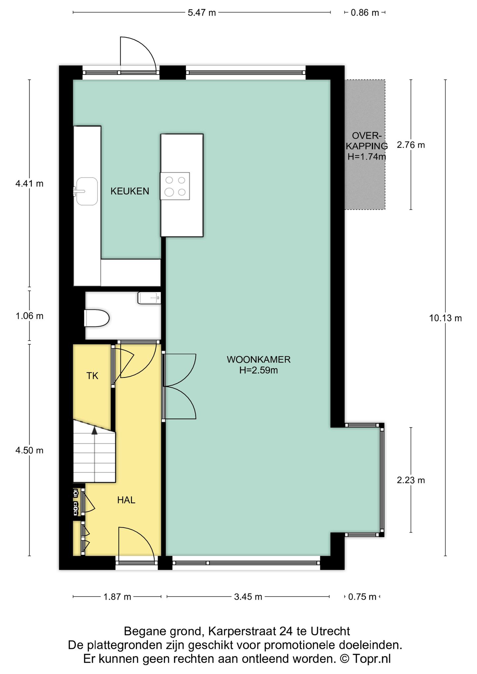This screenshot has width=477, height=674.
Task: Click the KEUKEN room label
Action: (x=130, y=191)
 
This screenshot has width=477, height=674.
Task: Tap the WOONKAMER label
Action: (x=259, y=359)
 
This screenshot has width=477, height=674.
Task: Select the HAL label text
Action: (x=126, y=500)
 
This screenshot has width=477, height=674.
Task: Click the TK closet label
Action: (x=92, y=376)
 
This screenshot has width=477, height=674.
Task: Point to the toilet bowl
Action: (x=97, y=318)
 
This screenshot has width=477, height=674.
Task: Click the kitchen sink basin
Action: (x=87, y=191)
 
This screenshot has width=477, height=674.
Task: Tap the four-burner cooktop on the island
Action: (x=175, y=186)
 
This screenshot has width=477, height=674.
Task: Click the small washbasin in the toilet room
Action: (x=149, y=298)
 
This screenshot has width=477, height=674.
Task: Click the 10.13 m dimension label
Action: (x=445, y=318)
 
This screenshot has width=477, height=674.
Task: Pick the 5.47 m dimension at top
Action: (x=202, y=13)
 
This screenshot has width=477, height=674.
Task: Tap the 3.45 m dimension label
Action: (x=248, y=597)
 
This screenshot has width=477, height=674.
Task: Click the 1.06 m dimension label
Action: (x=29, y=316)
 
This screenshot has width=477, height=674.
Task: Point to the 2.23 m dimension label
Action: (x=411, y=480)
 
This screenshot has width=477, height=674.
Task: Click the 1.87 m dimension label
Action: (x=117, y=597)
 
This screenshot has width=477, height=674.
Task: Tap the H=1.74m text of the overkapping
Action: (x=367, y=157)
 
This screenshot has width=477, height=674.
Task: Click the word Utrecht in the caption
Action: (x=330, y=631)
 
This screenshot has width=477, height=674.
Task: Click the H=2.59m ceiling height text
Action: (x=259, y=370)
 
